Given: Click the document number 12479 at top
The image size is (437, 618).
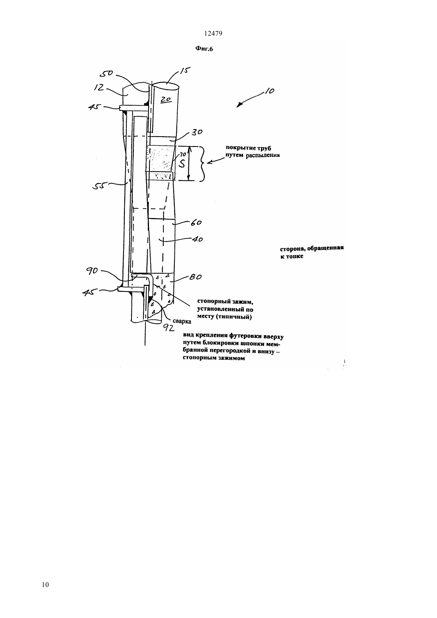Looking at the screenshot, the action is click(213, 33).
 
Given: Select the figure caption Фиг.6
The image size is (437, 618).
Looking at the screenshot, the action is click(204, 49).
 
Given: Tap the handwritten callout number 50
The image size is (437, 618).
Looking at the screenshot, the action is click(106, 73).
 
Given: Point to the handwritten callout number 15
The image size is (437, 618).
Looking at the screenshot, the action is click(185, 71).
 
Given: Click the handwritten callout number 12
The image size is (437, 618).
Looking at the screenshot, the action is click(99, 87).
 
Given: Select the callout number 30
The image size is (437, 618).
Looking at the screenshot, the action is click(197, 132).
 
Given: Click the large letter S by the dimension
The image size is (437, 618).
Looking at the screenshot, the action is click(182, 164).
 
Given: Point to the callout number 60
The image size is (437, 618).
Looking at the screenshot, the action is click(196, 222).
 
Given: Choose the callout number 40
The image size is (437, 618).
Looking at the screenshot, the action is click(197, 239).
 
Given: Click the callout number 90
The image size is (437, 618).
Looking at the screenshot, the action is click(92, 271).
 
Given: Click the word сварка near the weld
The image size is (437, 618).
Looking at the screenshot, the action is click(182, 321).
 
